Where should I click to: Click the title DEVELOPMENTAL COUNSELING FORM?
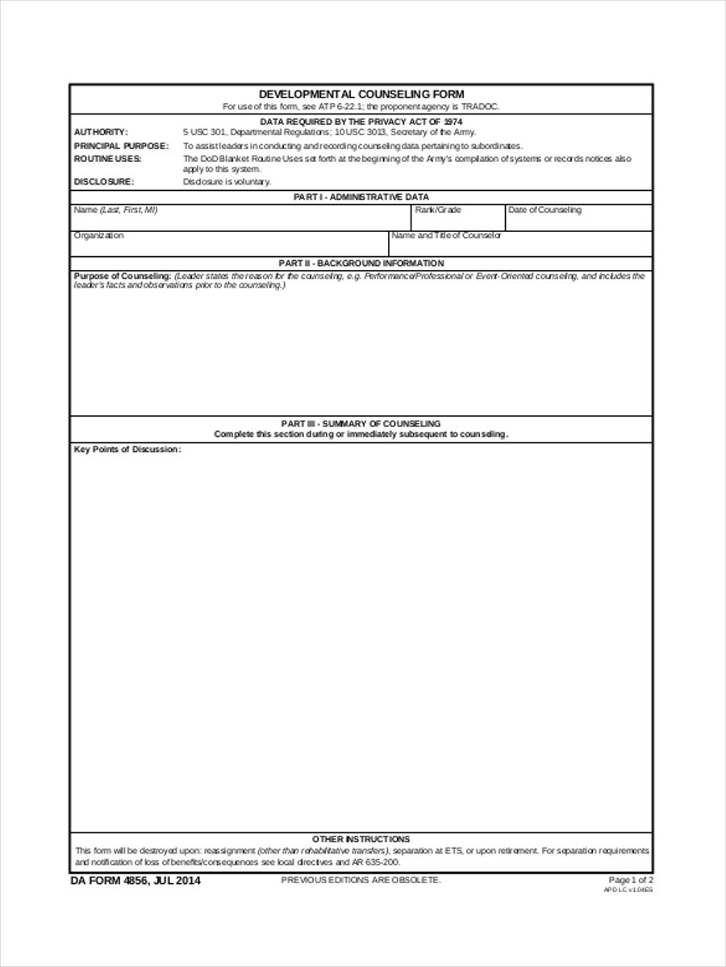[x=361, y=94]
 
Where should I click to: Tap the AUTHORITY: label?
[x=101, y=132]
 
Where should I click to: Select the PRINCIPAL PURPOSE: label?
[x=121, y=146]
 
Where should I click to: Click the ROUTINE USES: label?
[x=107, y=159]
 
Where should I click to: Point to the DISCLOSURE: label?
[x=104, y=182]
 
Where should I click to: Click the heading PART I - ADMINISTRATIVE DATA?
[x=361, y=197]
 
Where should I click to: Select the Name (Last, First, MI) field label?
[x=115, y=210]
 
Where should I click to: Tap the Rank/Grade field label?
[x=438, y=210]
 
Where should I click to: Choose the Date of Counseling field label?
[x=544, y=210]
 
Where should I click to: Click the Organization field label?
[x=98, y=235]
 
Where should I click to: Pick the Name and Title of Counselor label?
[x=446, y=235]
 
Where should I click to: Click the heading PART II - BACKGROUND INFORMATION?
[x=361, y=263]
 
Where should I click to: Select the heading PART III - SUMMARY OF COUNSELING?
[x=361, y=423]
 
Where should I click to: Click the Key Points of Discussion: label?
[x=127, y=450]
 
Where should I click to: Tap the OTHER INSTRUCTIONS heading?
[x=361, y=839]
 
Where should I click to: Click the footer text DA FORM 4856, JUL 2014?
[x=136, y=881]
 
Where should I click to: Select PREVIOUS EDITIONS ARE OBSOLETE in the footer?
[x=361, y=880]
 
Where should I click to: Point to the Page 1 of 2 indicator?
[x=631, y=880]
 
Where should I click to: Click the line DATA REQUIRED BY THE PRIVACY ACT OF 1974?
[x=361, y=121]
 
